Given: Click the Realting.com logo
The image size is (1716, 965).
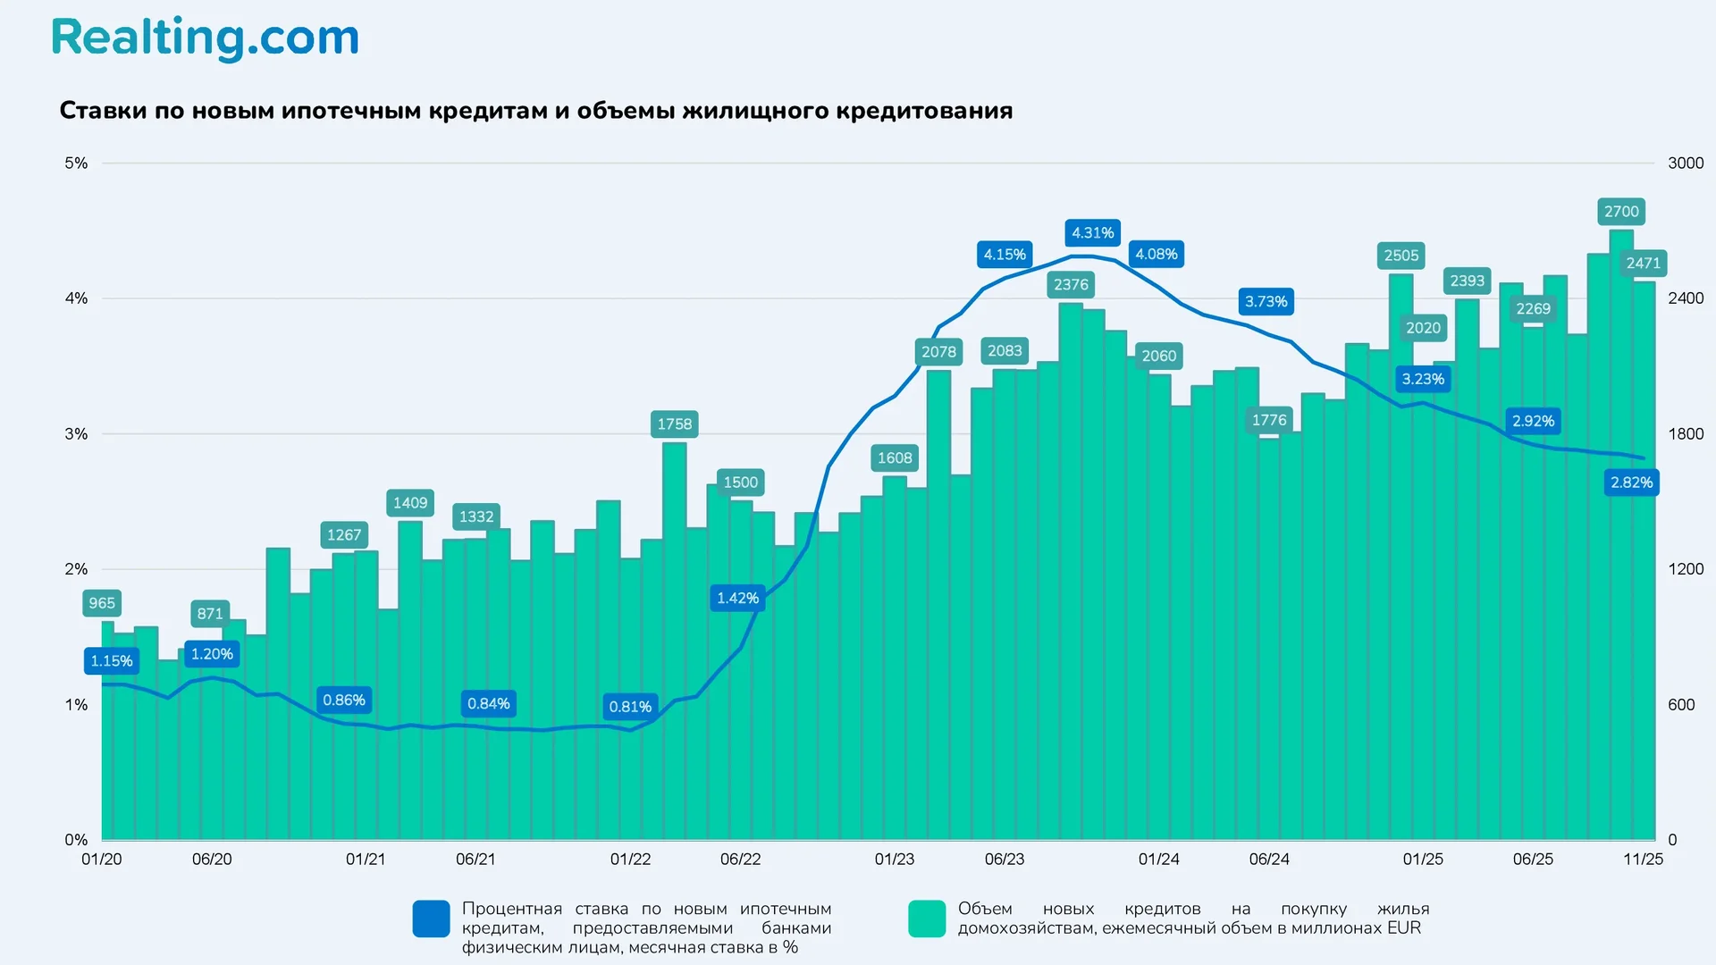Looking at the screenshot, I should (205, 38).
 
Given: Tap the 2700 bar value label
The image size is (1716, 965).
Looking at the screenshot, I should (1620, 212).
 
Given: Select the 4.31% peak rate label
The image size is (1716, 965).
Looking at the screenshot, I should (1092, 233).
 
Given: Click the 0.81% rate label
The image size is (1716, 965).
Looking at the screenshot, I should (630, 707).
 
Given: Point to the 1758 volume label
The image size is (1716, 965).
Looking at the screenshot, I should (674, 424).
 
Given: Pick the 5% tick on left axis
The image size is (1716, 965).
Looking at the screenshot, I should (76, 163).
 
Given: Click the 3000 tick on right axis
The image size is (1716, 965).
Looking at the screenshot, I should (1685, 163).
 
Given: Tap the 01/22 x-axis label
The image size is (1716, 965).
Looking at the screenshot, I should (630, 859).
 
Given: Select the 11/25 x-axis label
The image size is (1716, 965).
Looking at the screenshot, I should (1643, 859).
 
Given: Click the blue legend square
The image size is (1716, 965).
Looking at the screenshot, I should (431, 919).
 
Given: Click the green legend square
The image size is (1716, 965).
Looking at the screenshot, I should (927, 919).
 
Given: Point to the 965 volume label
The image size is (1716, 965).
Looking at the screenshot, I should (102, 603).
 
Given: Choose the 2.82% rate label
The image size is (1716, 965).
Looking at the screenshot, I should (1631, 482).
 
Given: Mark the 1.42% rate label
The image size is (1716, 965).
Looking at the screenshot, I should (737, 598).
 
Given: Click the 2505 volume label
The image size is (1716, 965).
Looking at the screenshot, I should (1401, 256).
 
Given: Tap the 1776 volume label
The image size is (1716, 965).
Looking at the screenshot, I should (1268, 420).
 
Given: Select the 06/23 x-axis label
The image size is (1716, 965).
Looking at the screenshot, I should (1004, 859).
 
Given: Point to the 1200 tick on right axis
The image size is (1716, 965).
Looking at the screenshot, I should (1685, 569).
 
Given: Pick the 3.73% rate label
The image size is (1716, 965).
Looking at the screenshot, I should (1266, 302).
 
